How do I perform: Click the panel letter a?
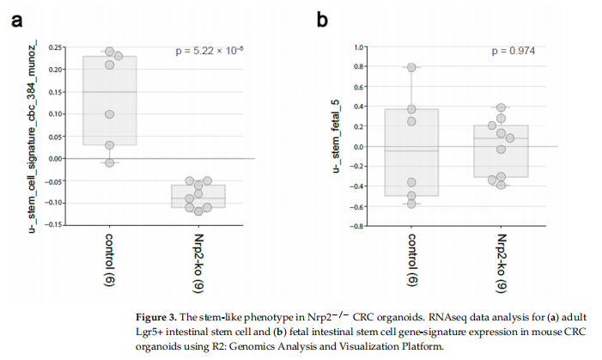16,19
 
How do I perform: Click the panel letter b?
321,18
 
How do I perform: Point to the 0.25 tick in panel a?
56,47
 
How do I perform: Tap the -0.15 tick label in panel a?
54,224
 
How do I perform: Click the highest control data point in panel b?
412,67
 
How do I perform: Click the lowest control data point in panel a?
109,162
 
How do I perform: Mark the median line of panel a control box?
109,92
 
